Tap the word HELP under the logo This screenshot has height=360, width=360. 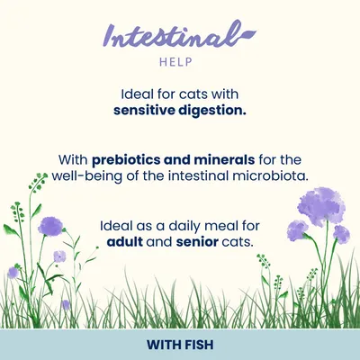click(x=180, y=63)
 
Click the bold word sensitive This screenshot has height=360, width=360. click(x=147, y=111)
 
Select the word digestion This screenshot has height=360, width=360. click(x=214, y=111)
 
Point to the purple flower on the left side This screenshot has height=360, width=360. click(x=50, y=225)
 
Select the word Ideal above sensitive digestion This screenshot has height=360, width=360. click(x=139, y=94)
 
